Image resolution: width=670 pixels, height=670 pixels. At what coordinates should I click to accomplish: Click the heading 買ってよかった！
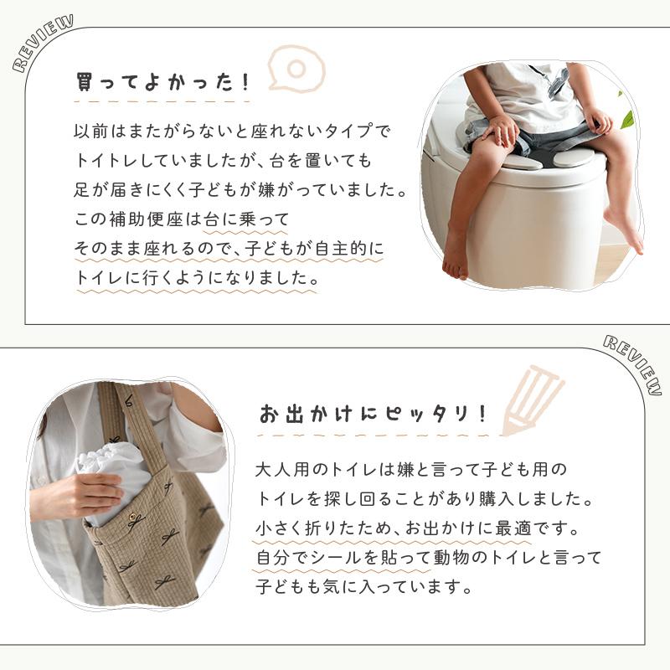click(x=162, y=81)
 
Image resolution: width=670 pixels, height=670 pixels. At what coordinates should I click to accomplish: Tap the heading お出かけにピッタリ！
click(x=373, y=414)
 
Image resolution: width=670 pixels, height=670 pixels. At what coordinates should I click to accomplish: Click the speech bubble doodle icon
click(x=296, y=69)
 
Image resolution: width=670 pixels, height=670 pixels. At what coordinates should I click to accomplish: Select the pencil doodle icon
click(x=532, y=399)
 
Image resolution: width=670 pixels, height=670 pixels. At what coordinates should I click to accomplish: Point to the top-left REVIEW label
click(x=43, y=43)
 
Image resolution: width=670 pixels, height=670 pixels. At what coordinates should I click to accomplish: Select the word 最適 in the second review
click(x=513, y=528)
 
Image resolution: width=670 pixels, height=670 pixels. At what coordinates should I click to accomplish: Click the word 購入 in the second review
click(x=496, y=499)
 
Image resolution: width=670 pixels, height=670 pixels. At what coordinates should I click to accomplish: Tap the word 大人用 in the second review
click(x=282, y=470)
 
